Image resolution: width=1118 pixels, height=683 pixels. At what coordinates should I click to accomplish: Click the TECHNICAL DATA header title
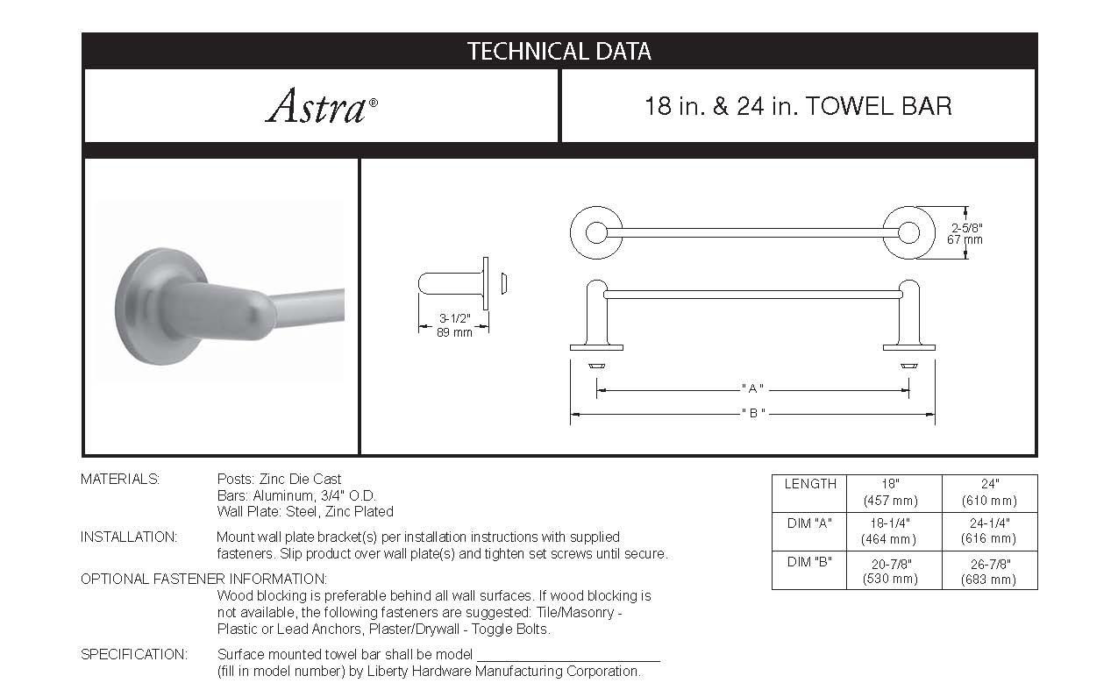click(x=559, y=52)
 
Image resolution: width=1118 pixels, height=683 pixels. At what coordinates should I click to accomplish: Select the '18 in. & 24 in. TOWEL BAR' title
click(x=797, y=107)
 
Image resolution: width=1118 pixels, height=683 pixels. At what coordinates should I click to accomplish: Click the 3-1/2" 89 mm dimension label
click(x=454, y=325)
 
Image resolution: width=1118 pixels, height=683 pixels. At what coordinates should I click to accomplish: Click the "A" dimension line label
click(x=752, y=388)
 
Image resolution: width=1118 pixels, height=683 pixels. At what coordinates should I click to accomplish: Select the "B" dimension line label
click(x=752, y=412)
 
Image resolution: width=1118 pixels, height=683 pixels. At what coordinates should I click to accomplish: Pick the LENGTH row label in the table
click(x=809, y=484)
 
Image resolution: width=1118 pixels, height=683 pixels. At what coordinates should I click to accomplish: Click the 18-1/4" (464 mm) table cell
click(x=893, y=531)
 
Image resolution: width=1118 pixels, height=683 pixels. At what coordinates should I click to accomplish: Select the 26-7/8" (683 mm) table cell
click(x=989, y=571)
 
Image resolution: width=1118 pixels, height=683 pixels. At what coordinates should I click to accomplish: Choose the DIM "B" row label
click(x=809, y=562)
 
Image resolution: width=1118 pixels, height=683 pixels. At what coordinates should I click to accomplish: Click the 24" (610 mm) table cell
click(x=989, y=492)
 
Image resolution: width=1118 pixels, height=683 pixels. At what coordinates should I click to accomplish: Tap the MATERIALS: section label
click(x=120, y=479)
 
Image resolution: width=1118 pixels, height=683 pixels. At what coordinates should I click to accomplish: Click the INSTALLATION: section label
click(x=128, y=537)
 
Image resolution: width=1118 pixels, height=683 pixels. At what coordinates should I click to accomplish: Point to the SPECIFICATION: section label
click(x=133, y=654)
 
